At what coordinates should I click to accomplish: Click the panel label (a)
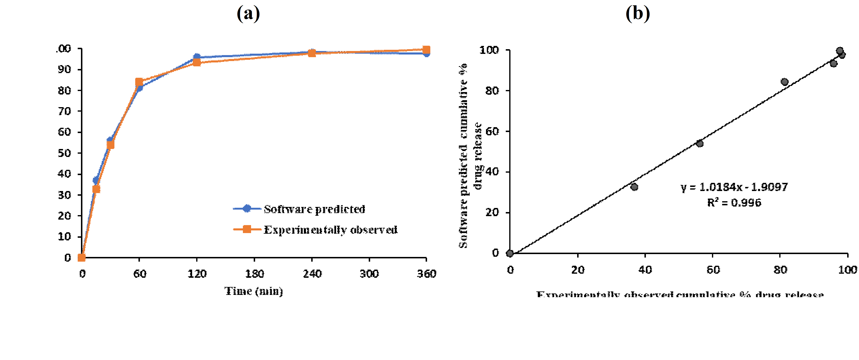pos(248,14)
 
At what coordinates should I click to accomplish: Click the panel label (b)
pos(638,14)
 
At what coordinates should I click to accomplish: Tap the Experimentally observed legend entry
pos(330,230)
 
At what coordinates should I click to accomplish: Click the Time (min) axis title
pos(253,291)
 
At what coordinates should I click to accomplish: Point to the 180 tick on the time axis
pos(255,274)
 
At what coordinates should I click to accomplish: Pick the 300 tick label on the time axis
pos(369,274)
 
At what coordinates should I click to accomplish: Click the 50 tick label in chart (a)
pos(64,153)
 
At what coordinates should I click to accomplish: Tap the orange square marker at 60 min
pos(139,82)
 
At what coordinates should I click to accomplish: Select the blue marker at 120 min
pos(197,57)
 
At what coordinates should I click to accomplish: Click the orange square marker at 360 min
pos(426,50)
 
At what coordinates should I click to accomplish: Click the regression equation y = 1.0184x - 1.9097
pos(734,187)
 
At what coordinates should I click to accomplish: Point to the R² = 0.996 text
pos(734,202)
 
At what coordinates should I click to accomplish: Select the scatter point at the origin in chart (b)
pos(509,253)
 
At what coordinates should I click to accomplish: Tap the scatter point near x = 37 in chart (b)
pos(634,187)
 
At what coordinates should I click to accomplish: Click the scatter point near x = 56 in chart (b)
pos(700,143)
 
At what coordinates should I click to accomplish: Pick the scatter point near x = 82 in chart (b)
pos(785,82)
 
